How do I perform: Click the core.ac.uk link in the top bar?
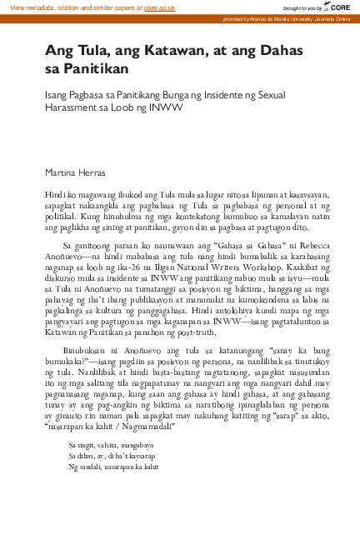point(158,7)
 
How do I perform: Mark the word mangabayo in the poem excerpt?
point(131,447)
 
